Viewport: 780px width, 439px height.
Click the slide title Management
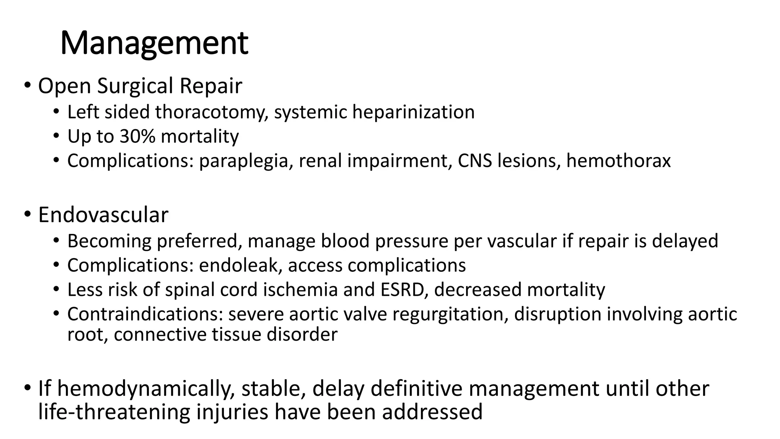click(x=154, y=43)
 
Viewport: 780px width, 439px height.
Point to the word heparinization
click(x=413, y=112)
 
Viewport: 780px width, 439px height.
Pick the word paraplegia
click(x=246, y=161)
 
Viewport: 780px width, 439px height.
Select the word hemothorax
click(x=618, y=161)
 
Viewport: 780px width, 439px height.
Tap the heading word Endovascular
click(x=103, y=215)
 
